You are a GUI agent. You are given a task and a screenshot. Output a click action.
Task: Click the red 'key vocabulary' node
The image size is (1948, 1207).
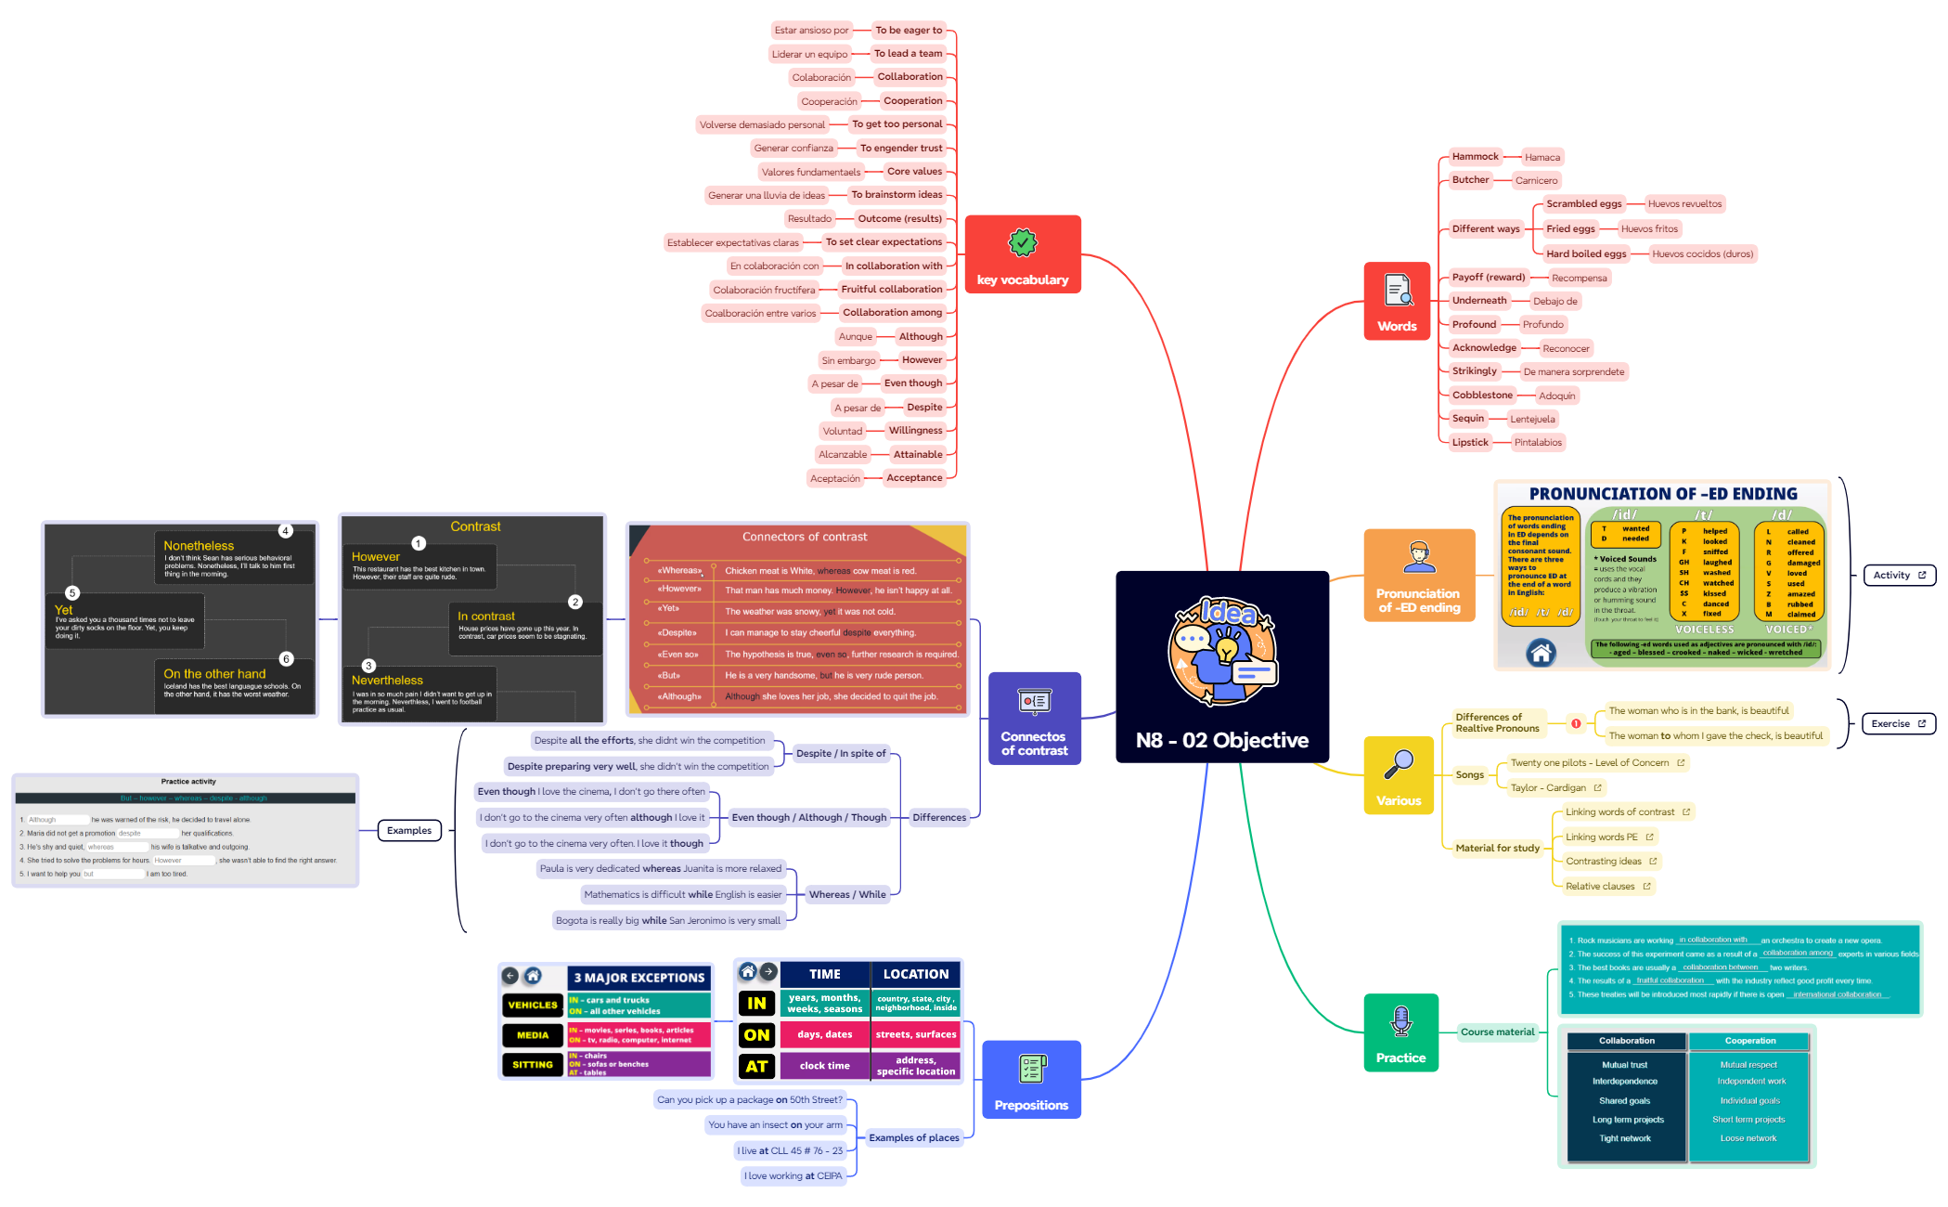pyautogui.click(x=1022, y=254)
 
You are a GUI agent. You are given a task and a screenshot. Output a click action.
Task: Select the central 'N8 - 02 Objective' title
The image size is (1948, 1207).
pyautogui.click(x=1221, y=740)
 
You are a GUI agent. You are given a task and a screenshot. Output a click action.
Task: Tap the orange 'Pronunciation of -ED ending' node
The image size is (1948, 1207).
pyautogui.click(x=1418, y=576)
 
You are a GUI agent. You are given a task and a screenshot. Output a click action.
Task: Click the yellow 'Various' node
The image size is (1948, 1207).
pyautogui.click(x=1398, y=776)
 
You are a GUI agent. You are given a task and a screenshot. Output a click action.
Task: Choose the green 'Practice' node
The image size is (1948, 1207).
pyautogui.click(x=1400, y=1032)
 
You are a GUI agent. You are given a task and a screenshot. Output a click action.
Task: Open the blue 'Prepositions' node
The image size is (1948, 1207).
pyautogui.click(x=1031, y=1080)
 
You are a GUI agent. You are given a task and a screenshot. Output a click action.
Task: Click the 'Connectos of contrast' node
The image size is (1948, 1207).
pyautogui.click(x=1034, y=719)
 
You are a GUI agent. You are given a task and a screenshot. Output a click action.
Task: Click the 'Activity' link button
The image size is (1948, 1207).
pyautogui.click(x=1898, y=576)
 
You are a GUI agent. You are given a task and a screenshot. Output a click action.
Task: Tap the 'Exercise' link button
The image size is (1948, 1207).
pyautogui.click(x=1897, y=724)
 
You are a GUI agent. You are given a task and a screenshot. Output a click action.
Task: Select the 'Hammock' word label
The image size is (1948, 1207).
pyautogui.click(x=1475, y=157)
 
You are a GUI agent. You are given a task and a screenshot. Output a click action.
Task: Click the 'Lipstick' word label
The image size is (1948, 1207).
pyautogui.click(x=1470, y=443)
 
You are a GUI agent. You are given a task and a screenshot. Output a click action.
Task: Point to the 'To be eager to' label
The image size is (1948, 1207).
pyautogui.click(x=908, y=31)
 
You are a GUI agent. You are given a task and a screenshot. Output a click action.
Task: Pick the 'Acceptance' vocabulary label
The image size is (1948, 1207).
pyautogui.click(x=913, y=478)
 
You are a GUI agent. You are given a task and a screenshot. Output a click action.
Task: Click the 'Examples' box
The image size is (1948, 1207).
pyautogui.click(x=409, y=831)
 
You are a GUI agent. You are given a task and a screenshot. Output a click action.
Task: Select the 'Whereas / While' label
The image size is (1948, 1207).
pyautogui.click(x=846, y=895)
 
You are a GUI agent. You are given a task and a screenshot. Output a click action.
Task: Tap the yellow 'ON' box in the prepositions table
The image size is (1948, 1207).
pyautogui.click(x=756, y=1035)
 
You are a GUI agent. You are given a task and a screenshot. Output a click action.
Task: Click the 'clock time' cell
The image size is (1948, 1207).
pyautogui.click(x=824, y=1066)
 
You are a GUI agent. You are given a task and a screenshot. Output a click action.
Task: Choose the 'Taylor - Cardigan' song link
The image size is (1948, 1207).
pyautogui.click(x=1548, y=788)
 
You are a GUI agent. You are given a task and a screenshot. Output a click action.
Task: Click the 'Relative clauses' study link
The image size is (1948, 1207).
pyautogui.click(x=1600, y=887)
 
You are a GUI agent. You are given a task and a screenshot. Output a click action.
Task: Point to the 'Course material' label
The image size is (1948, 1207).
pyautogui.click(x=1497, y=1032)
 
